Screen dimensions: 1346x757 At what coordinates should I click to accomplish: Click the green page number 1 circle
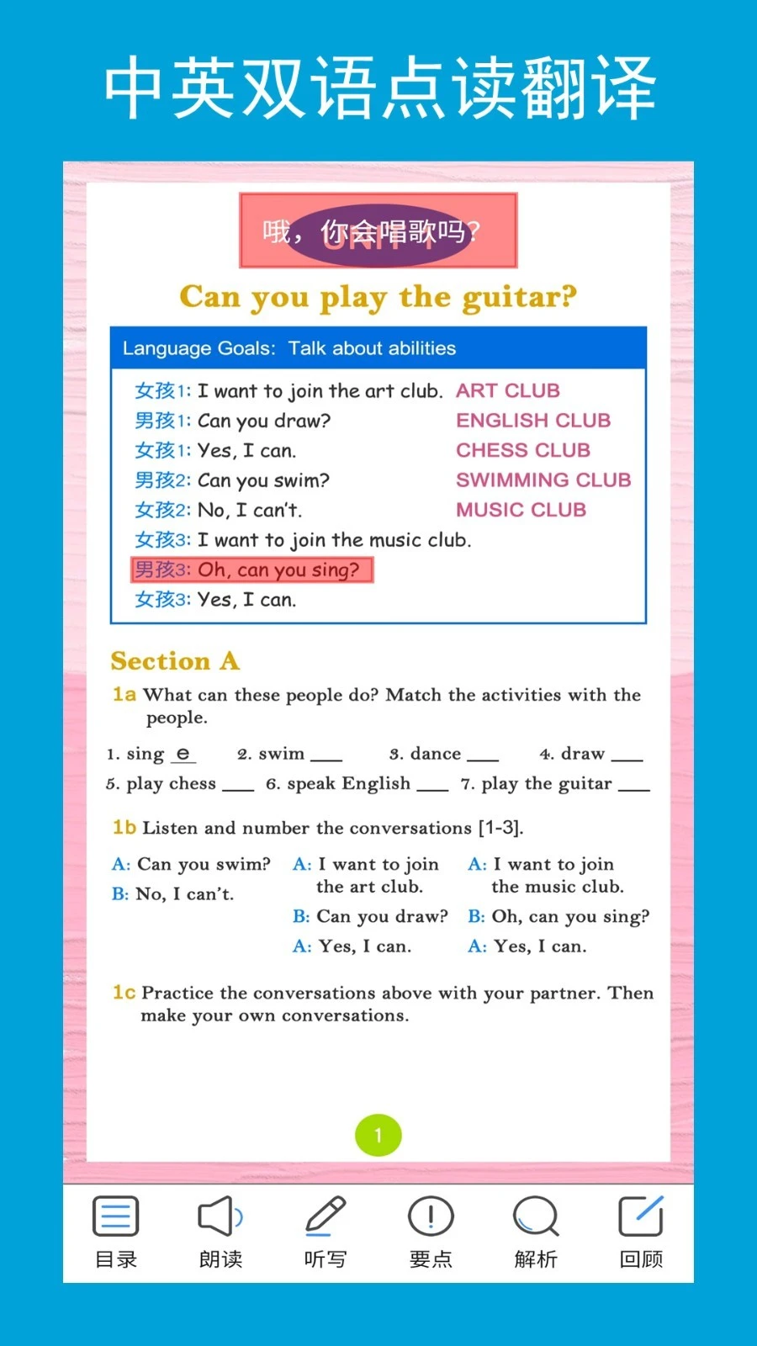click(378, 1136)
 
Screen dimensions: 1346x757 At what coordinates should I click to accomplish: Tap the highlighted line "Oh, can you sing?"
click(251, 570)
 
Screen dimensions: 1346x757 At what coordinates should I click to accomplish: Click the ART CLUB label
click(508, 390)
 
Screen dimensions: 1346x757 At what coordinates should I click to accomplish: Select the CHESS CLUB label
click(523, 450)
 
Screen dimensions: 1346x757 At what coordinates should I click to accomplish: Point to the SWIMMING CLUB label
click(543, 480)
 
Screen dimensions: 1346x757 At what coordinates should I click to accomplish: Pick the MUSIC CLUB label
click(521, 510)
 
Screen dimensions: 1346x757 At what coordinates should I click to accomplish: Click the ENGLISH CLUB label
click(533, 420)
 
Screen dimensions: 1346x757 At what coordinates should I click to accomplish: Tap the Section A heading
click(175, 661)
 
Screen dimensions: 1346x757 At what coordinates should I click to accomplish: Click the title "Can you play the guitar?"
click(378, 297)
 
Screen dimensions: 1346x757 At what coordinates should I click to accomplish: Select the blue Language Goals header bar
click(378, 348)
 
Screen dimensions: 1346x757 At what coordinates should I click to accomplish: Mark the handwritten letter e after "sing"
click(183, 754)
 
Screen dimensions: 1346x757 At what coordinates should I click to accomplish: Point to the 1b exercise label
click(124, 828)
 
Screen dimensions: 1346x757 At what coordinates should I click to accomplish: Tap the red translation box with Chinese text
click(378, 231)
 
